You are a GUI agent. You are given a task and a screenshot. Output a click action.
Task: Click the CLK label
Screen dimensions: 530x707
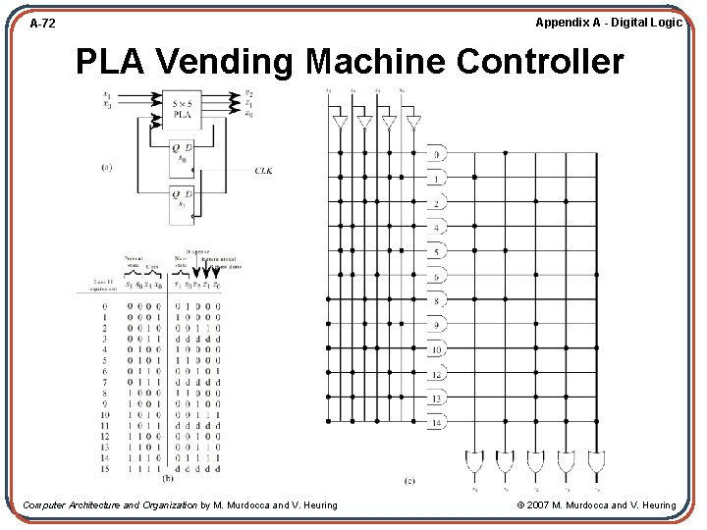click(x=263, y=171)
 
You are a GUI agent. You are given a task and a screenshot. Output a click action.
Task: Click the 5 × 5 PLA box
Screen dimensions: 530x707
click(x=183, y=109)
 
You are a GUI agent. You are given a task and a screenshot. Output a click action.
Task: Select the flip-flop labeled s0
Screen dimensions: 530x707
click(x=183, y=153)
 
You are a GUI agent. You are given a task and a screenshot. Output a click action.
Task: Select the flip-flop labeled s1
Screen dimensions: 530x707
click(x=183, y=199)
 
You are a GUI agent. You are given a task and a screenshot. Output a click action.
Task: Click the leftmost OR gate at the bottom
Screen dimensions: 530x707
click(x=474, y=460)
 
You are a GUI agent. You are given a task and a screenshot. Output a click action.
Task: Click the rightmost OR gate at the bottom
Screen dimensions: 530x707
click(x=596, y=460)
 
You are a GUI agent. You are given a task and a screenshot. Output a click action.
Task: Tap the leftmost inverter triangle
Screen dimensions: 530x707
click(x=340, y=123)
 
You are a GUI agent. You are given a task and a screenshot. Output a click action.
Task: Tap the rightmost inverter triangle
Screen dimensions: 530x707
click(x=413, y=123)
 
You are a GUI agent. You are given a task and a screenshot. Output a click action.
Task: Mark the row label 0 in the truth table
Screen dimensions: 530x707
click(x=104, y=305)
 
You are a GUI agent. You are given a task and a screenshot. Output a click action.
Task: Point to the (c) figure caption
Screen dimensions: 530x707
click(x=409, y=480)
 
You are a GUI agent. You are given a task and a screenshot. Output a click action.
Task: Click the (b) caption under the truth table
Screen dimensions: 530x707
click(x=167, y=479)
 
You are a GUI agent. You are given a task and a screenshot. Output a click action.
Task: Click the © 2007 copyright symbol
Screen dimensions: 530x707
click(x=522, y=505)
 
